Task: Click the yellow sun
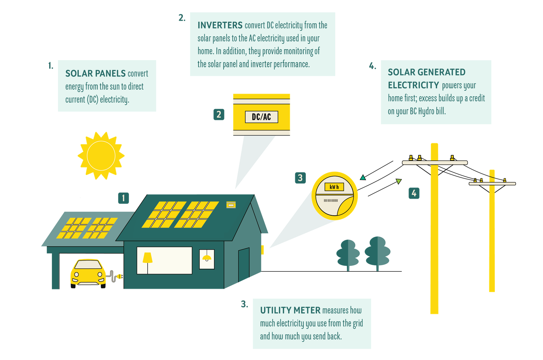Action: (101, 156)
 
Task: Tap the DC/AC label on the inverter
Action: (261, 117)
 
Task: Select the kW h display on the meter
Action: (334, 187)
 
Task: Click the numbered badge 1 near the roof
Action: (124, 198)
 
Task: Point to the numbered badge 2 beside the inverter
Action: (219, 114)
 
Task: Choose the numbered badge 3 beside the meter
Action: (300, 178)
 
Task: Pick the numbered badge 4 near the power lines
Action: (414, 193)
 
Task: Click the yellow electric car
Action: (88, 274)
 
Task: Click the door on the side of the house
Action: (244, 265)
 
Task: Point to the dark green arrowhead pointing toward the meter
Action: (363, 178)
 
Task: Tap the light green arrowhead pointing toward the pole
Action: (398, 181)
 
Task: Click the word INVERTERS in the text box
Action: (220, 25)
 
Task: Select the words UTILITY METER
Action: (290, 310)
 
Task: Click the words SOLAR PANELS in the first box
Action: (95, 73)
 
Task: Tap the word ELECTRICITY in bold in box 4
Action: (413, 85)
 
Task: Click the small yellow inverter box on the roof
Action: (231, 205)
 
